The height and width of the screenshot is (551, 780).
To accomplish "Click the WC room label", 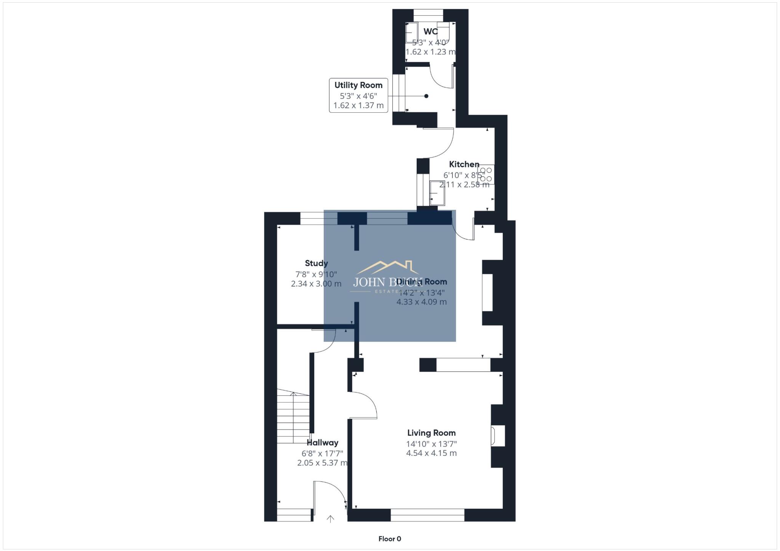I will coord(430,31).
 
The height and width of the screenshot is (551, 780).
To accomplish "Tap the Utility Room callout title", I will coord(358,85).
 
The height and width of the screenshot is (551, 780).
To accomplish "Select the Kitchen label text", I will coord(464,165).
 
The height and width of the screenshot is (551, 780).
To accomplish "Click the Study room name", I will coord(316,263).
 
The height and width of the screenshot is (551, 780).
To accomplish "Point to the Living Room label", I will coord(431,433).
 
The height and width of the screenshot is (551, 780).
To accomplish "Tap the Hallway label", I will coord(322,442).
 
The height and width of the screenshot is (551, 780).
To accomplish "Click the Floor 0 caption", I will coord(390,539).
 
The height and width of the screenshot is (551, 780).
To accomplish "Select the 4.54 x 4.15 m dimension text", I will coord(431,453).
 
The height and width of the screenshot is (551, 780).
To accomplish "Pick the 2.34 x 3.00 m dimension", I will coord(316,284).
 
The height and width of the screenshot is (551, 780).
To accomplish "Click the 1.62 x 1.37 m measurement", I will coord(358,105).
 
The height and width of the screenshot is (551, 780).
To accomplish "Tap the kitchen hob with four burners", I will coord(486,174).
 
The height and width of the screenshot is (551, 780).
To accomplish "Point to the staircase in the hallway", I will coord(293,417).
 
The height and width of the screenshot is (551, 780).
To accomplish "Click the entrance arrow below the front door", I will coord(330,519).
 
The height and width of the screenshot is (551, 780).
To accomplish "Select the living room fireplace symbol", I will coord(497,436).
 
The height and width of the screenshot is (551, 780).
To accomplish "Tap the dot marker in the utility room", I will coord(426,96).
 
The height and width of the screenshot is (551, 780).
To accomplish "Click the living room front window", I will coord(427,515).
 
